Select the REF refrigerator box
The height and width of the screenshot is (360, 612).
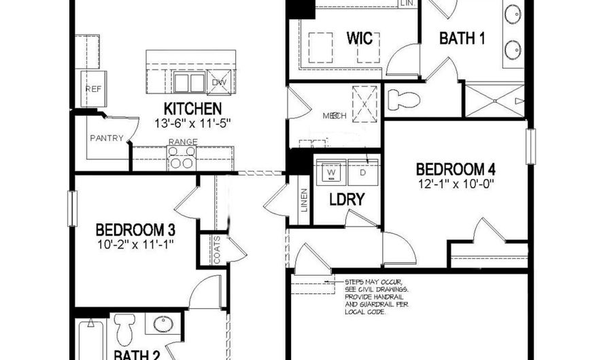click(x=92, y=88)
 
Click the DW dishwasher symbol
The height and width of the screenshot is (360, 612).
click(x=218, y=82)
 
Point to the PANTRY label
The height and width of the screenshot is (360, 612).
click(x=107, y=138)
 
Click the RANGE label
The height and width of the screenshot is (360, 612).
click(x=183, y=142)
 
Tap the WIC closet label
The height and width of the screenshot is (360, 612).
click(x=360, y=38)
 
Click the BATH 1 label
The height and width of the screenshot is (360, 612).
click(x=462, y=39)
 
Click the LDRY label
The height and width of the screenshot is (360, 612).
click(x=347, y=200)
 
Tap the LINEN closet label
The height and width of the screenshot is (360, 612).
click(x=303, y=200)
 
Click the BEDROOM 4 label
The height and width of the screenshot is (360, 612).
click(x=455, y=169)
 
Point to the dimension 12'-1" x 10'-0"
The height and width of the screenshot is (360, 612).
click(x=455, y=183)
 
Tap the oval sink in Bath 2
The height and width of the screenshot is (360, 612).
click(x=163, y=323)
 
